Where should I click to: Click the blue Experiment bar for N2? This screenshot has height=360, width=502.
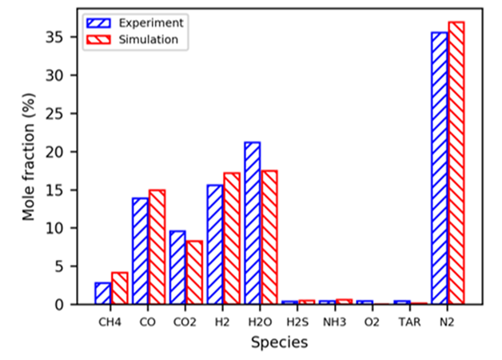[439, 168]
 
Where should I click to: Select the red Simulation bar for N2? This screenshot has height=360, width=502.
[456, 163]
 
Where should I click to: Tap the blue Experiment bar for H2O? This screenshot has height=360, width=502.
[252, 223]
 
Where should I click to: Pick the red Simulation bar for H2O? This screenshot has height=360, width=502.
[269, 238]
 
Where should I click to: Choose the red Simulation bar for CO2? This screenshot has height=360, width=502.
[194, 273]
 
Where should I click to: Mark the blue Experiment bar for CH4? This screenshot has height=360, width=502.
[102, 294]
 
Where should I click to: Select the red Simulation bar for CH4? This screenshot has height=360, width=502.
[119, 289]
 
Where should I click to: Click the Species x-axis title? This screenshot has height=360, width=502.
[279, 342]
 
